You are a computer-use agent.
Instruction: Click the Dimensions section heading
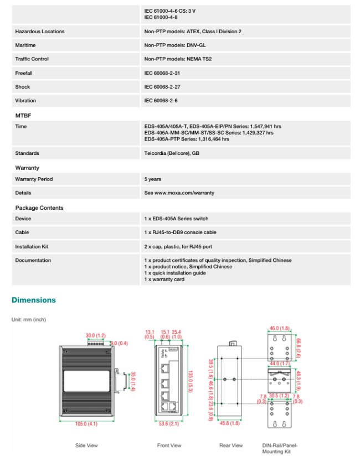(34, 300)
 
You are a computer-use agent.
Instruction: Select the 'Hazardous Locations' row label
(40, 32)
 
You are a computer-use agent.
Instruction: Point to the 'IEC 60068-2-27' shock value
(162, 87)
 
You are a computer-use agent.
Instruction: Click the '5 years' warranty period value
(153, 179)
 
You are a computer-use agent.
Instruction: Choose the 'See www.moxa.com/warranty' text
(179, 193)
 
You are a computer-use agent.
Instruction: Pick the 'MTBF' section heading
(23, 115)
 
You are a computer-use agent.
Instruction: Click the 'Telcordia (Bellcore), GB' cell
(172, 153)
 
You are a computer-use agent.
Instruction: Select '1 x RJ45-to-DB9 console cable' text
(181, 232)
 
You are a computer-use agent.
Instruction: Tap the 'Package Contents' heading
(39, 208)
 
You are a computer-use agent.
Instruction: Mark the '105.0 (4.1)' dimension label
(86, 423)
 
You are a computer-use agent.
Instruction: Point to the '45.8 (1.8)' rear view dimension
(230, 423)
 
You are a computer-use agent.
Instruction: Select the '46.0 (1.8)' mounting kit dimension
(280, 328)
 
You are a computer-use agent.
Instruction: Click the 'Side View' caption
(86, 445)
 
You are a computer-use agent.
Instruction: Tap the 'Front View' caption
(169, 445)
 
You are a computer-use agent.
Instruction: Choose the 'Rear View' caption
(231, 445)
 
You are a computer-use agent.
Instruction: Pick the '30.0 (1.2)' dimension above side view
(95, 335)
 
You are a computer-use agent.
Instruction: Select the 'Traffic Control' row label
(32, 59)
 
